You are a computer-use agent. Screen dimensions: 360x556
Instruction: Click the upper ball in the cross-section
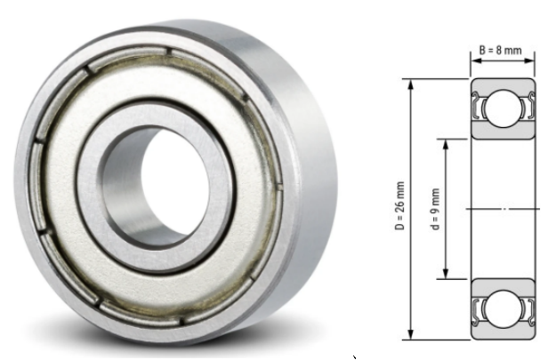coord(503,110)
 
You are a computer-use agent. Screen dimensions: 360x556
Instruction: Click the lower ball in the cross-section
coord(503,308)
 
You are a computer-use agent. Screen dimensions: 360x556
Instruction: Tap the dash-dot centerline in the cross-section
coord(504,209)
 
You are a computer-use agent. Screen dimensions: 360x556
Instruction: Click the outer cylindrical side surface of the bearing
coord(307,151)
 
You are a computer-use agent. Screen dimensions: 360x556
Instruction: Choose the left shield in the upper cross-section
coord(479,110)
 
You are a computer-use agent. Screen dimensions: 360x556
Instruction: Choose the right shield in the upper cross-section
coord(528,110)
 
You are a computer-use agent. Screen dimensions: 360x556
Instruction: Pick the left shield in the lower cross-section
coord(479,308)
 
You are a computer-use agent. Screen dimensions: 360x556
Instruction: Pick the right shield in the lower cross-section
coord(528,308)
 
